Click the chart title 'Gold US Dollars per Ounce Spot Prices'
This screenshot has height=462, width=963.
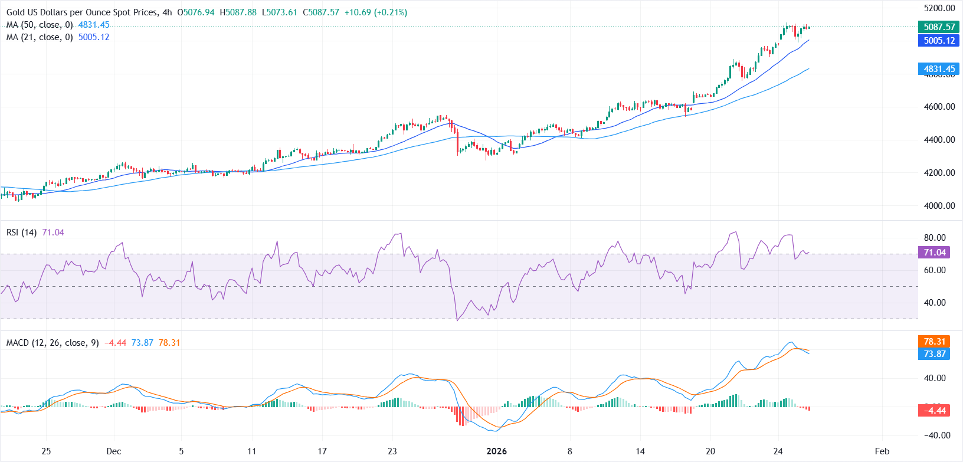point(82,12)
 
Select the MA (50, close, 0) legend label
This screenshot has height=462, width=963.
point(40,25)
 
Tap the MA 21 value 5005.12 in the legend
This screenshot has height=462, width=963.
point(94,37)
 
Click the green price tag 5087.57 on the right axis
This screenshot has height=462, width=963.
point(939,27)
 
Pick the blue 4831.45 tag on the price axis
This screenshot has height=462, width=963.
point(939,69)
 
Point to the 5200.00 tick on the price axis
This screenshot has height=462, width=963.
point(939,8)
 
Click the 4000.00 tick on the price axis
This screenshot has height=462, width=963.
point(939,206)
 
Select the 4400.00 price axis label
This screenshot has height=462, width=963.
point(939,140)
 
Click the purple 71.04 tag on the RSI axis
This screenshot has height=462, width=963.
point(935,253)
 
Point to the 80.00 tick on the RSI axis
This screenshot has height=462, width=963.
point(935,238)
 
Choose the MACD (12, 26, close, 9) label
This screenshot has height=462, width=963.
point(53,343)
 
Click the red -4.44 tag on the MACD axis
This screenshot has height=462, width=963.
point(935,411)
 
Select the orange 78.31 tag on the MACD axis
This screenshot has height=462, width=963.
point(935,342)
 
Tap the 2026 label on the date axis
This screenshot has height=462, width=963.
point(496,451)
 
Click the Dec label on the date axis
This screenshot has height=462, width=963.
point(114,451)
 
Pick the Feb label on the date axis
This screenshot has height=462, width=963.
point(882,451)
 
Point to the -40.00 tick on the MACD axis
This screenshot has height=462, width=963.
point(935,435)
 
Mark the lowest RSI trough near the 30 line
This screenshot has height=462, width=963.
point(457,320)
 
